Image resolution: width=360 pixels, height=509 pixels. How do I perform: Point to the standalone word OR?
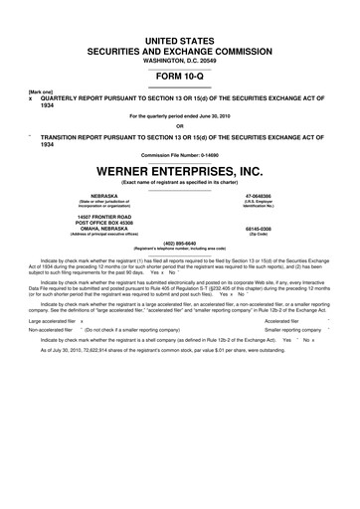(180, 125)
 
